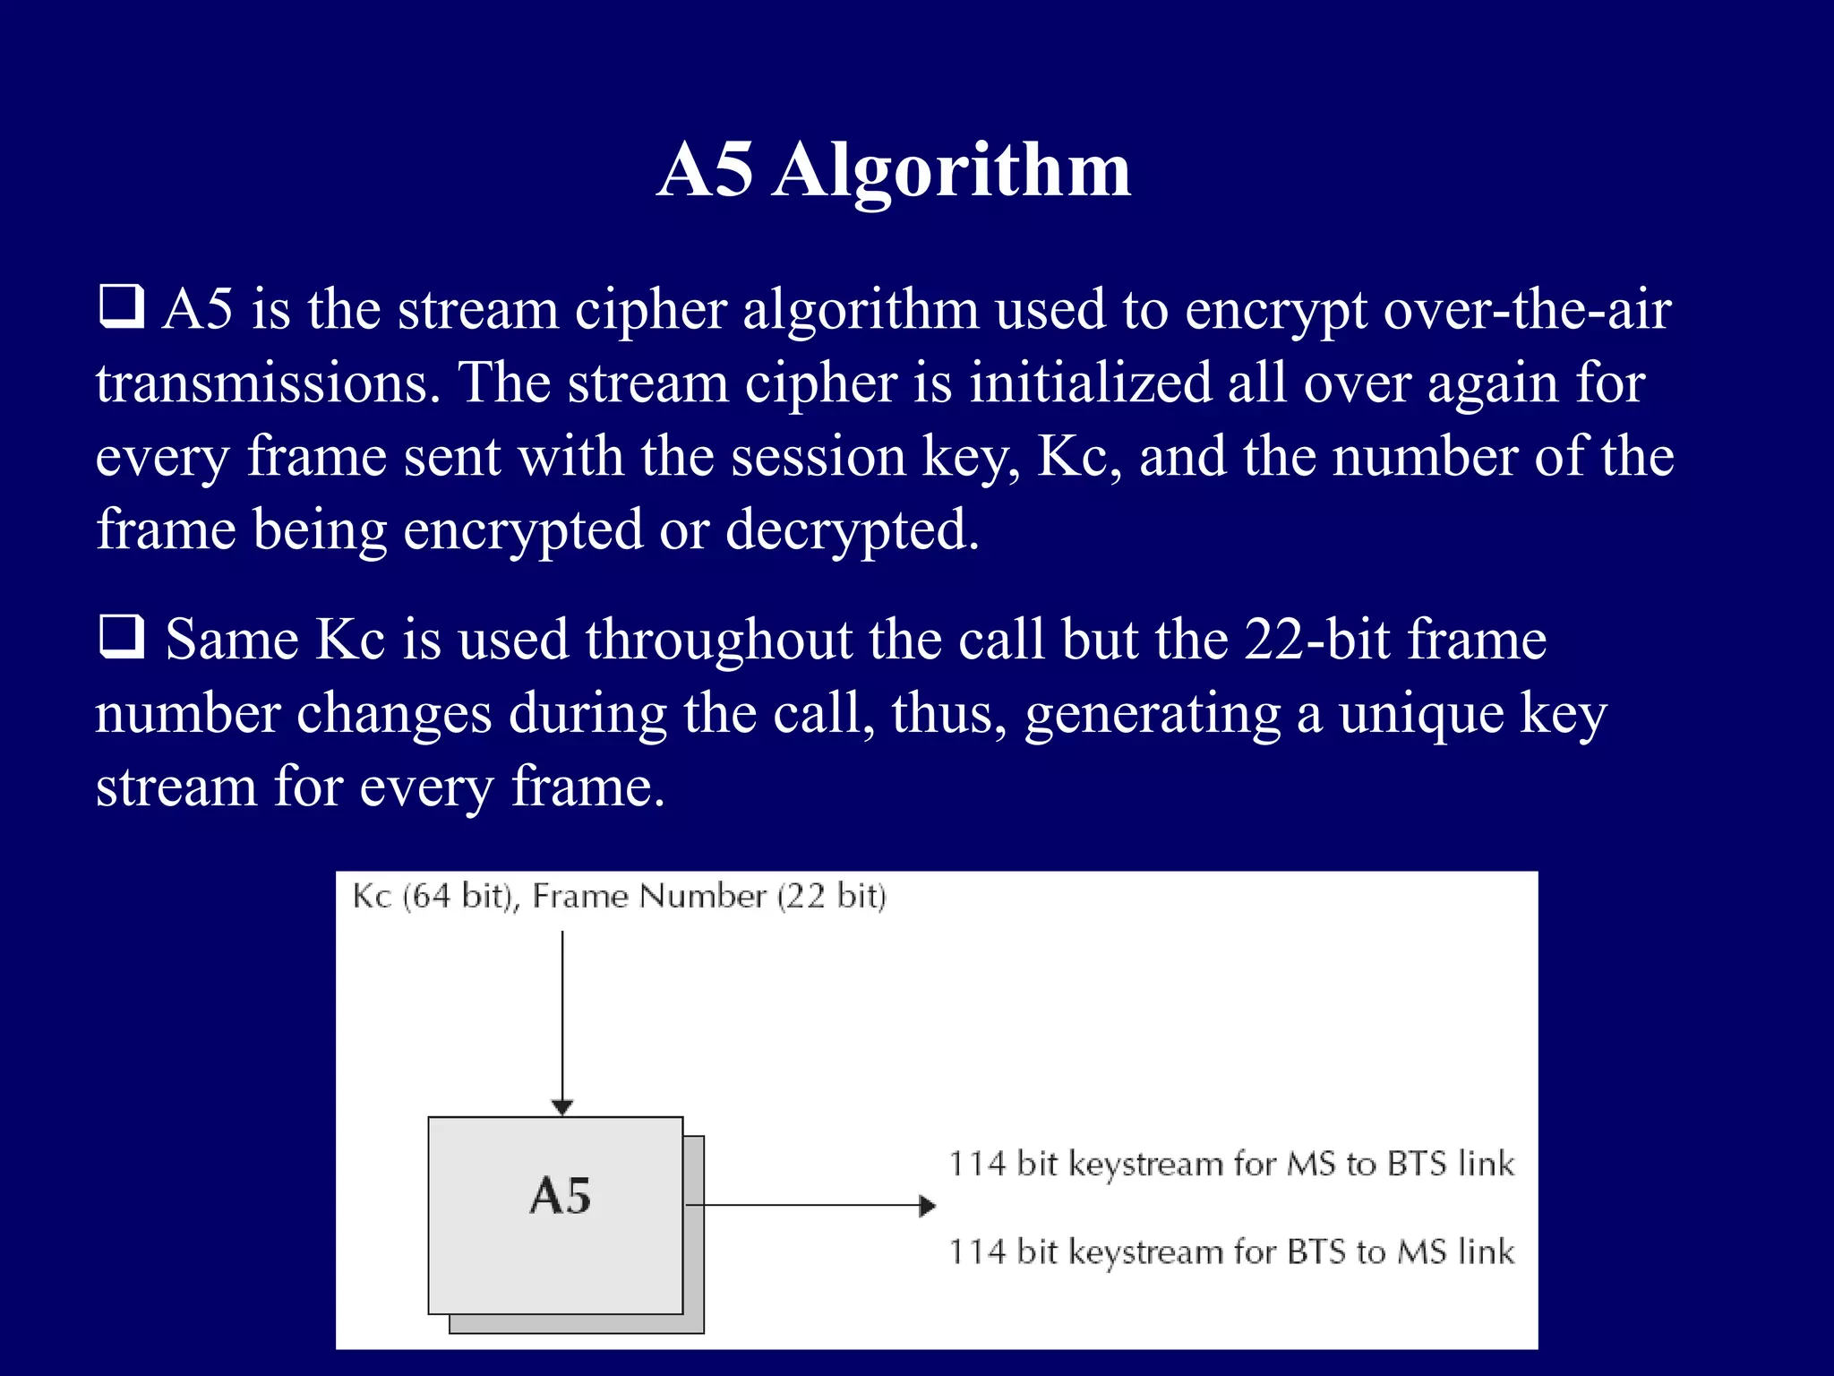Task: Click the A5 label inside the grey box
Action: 561,1196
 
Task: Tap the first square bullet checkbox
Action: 121,306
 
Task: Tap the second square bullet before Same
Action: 121,637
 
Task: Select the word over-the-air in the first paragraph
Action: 1527,310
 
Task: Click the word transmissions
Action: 268,383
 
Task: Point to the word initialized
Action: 1090,383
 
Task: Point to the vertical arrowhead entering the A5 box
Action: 561,1107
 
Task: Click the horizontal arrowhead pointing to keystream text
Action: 928,1206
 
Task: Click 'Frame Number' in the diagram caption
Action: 649,897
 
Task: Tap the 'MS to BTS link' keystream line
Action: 1231,1164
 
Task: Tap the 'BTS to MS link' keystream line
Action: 1231,1251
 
